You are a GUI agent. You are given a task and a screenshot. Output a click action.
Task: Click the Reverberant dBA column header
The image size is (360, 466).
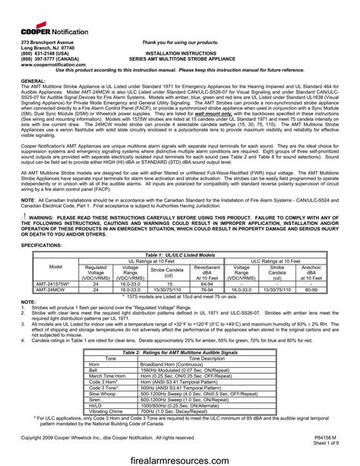[207, 271]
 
